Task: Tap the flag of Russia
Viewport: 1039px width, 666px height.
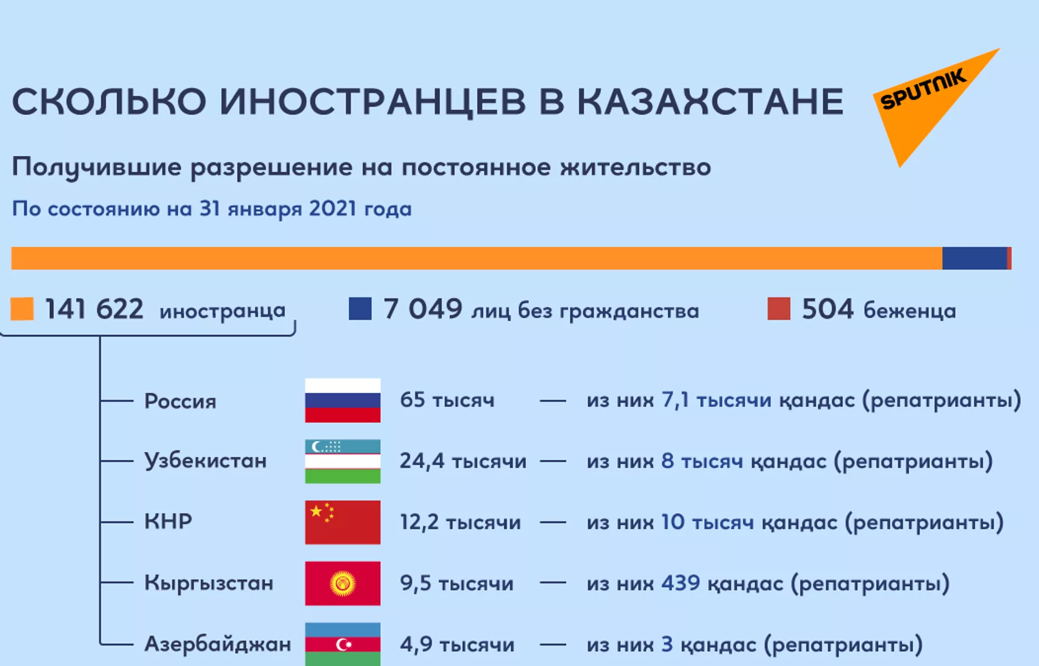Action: (x=343, y=400)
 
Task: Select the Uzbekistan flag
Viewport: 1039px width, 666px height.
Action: (x=343, y=461)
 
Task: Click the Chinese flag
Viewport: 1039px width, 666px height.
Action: (x=343, y=522)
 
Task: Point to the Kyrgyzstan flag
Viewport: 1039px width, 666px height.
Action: (x=343, y=583)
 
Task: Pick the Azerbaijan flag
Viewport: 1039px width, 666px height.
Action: (x=343, y=644)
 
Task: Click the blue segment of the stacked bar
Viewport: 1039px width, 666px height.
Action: (x=975, y=258)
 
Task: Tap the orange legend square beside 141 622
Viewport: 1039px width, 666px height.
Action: (x=22, y=309)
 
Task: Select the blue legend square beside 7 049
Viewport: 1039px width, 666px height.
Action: (x=360, y=309)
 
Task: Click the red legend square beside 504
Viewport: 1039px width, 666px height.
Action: (x=779, y=309)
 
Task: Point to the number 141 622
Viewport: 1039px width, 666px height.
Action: (x=94, y=309)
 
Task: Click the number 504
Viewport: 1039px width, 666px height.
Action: (x=827, y=309)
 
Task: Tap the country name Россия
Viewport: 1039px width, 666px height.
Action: (x=180, y=401)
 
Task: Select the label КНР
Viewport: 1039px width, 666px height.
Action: (x=168, y=522)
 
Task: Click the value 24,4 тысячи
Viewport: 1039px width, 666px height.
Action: (x=463, y=461)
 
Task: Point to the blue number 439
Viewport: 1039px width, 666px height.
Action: (x=681, y=583)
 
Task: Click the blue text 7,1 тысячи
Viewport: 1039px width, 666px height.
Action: (x=716, y=400)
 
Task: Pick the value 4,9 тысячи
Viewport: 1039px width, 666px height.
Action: (x=457, y=644)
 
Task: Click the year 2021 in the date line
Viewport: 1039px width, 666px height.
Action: (x=332, y=209)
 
